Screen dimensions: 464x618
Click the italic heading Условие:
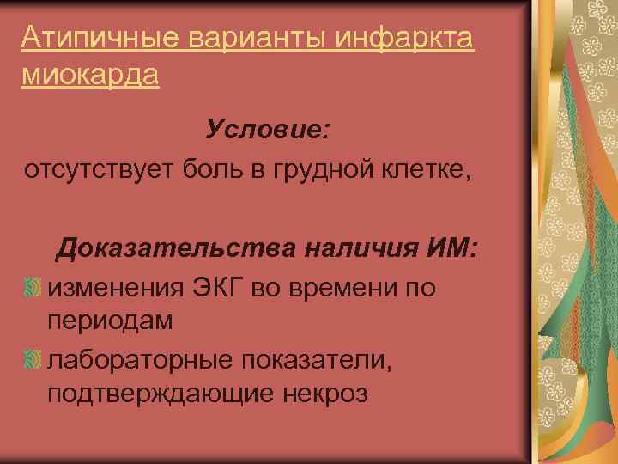pos(268,131)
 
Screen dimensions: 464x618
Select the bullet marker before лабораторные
pos(32,360)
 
